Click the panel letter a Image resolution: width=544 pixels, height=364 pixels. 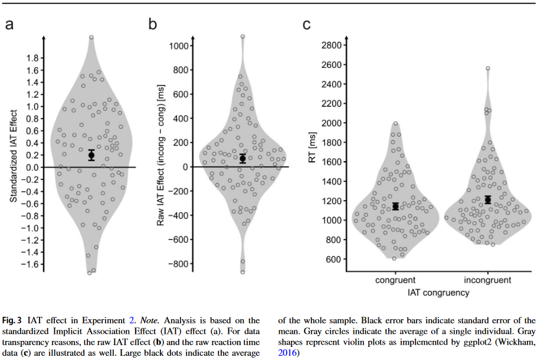[9, 24]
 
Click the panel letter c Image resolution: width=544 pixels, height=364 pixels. [306, 24]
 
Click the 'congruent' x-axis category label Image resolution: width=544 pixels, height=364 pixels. [395, 280]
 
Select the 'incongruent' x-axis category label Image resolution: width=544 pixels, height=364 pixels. [488, 280]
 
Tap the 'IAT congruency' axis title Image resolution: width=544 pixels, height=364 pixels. [441, 291]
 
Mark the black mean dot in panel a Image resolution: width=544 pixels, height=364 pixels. [91, 156]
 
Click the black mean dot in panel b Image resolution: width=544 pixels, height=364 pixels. [242, 158]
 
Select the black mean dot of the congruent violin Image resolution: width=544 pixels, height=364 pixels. [396, 206]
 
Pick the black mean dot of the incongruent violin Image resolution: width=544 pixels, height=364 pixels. [487, 200]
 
